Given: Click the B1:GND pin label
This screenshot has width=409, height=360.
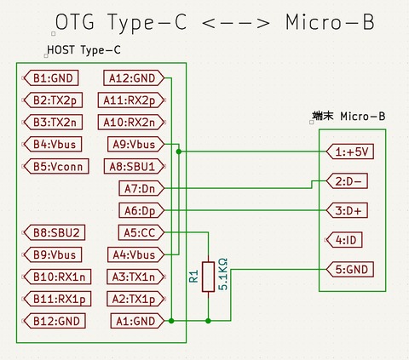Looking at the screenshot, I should [x=52, y=78].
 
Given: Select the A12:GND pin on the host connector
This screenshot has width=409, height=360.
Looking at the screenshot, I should [x=132, y=78].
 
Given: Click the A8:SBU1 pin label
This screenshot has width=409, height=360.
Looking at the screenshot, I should [x=133, y=166].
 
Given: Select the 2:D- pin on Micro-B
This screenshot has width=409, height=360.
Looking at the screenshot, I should [x=349, y=181].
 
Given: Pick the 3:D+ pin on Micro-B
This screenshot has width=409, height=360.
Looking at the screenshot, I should [x=349, y=210].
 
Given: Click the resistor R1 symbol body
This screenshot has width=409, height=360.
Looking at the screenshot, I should [x=208, y=277].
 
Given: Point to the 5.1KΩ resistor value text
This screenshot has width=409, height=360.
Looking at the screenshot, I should [x=223, y=276].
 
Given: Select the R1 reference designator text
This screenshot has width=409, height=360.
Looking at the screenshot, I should [x=193, y=276].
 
